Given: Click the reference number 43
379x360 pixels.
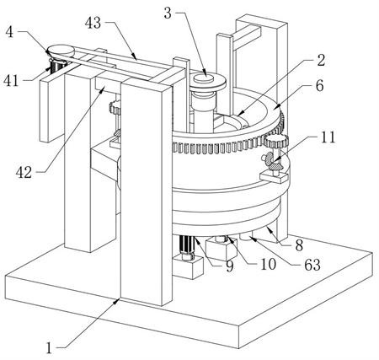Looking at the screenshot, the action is (93, 23).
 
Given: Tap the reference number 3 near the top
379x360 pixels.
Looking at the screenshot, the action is (168, 13).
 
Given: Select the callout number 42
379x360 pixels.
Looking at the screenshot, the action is (24, 173).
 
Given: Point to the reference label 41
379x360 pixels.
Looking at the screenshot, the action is (11, 81).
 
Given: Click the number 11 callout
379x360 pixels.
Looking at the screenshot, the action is (328, 137).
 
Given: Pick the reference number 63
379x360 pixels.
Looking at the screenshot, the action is (312, 265).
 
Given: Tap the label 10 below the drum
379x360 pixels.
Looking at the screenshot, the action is (269, 264).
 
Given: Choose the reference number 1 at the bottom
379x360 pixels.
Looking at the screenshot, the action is (49, 348).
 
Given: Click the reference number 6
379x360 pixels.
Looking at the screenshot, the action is (320, 86).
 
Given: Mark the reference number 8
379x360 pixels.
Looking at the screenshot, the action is (299, 245).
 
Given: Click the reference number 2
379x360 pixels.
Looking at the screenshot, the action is (321, 61).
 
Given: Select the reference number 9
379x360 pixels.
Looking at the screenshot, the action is (230, 266).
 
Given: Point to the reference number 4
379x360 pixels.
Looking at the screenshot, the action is (9, 32).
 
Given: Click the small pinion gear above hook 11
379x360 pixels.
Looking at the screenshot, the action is (276, 141).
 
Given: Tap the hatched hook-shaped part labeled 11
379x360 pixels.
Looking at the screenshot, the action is (274, 161).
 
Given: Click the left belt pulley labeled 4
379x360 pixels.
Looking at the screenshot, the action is (61, 51).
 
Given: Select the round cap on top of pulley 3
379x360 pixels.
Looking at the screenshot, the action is (203, 78).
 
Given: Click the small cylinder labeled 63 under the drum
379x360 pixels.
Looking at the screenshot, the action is (247, 238).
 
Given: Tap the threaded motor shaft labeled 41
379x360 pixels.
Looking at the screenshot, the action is (57, 67).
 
